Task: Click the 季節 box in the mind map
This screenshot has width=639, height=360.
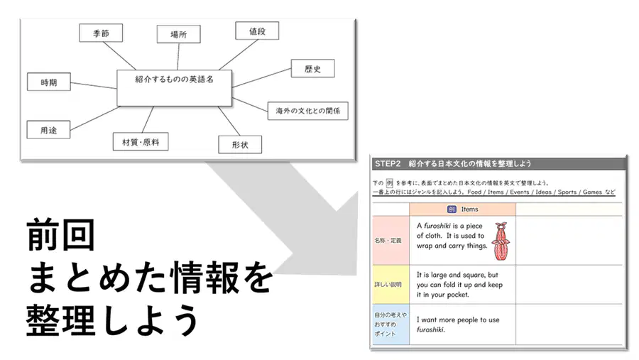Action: click(101, 33)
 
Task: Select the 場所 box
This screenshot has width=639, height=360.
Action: click(178, 34)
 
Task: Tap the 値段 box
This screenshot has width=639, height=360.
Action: click(257, 31)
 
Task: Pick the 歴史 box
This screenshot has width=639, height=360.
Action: click(313, 68)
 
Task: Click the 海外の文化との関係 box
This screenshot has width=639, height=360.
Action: click(308, 111)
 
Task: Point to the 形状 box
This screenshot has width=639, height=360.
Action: click(240, 145)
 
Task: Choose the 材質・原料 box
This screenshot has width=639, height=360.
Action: click(141, 142)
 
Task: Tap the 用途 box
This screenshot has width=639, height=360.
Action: click(48, 130)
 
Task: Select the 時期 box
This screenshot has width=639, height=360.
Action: click(49, 82)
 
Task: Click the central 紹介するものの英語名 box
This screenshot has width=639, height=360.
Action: click(175, 88)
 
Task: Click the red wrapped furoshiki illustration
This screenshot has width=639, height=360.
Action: click(501, 241)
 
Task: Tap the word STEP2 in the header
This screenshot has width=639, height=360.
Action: click(388, 164)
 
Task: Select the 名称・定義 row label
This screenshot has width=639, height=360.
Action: click(390, 241)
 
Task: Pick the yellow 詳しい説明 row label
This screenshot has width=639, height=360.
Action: click(390, 285)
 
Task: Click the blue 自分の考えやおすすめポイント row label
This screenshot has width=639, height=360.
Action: click(390, 324)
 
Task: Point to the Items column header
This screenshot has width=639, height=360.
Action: click(462, 209)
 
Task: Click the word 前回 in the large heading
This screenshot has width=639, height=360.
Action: click(61, 235)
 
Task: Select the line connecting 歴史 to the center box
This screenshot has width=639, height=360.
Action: click(261, 78)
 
